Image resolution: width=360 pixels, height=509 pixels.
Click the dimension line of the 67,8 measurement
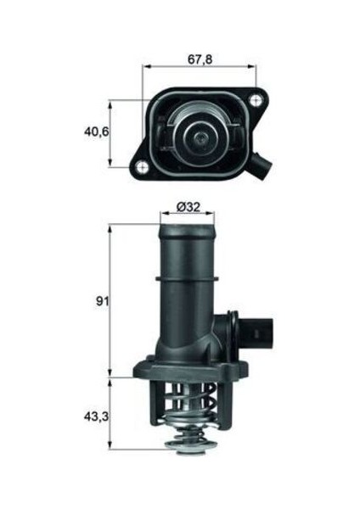click(200, 67)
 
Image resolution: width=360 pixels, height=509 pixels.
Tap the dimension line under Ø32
click(186, 216)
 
